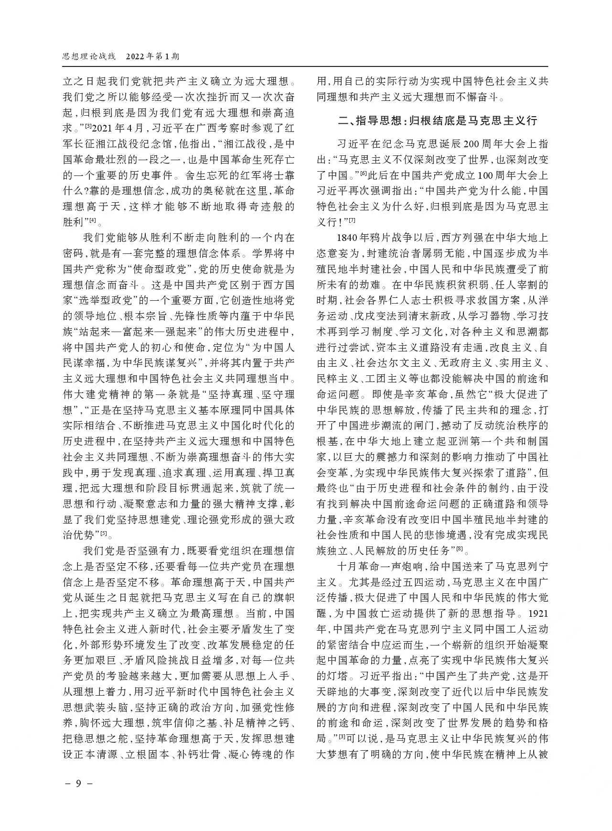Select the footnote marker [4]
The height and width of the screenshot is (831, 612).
pyautogui.click(x=93, y=220)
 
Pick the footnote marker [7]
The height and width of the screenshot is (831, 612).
pyautogui.click(x=352, y=220)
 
